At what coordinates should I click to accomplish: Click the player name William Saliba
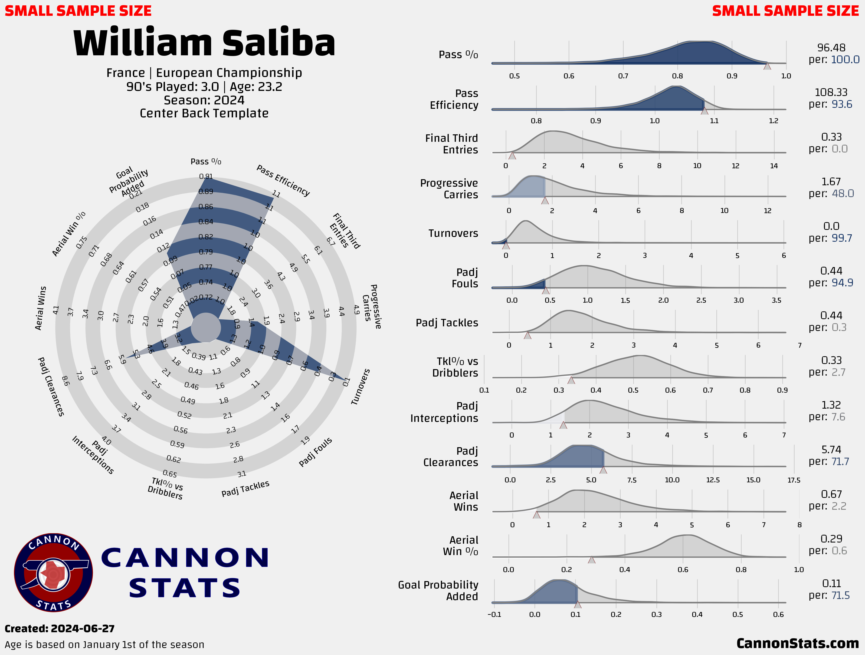(x=204, y=42)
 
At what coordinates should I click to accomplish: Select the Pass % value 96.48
(x=831, y=48)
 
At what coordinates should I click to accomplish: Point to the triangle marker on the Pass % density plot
(x=767, y=66)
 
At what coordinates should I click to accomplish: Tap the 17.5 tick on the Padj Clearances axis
(x=794, y=480)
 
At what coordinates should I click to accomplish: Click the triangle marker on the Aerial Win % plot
(x=592, y=560)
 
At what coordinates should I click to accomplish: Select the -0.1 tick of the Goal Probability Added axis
(x=494, y=614)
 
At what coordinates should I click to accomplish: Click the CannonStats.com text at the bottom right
(x=797, y=643)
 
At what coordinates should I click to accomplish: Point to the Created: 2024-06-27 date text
(x=59, y=629)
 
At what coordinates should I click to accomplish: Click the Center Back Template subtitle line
(x=204, y=113)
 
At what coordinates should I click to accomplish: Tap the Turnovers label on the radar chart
(x=360, y=386)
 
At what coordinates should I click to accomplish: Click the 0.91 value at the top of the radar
(x=206, y=176)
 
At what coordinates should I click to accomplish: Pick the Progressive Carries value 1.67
(x=831, y=182)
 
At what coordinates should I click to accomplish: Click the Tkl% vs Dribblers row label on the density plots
(x=455, y=367)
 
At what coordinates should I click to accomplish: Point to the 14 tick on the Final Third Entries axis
(x=774, y=166)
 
